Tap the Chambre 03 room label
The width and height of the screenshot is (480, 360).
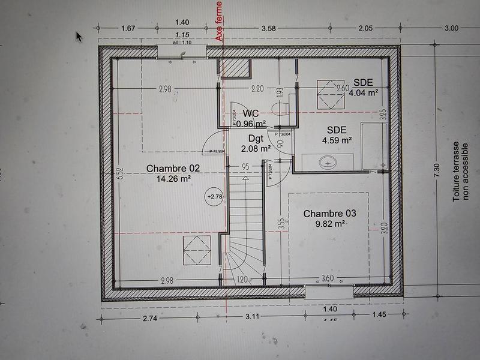[329, 214]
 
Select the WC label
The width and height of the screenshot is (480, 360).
[250, 113]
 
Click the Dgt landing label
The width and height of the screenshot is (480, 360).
[248, 138]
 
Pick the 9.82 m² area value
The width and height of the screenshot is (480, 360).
[329, 224]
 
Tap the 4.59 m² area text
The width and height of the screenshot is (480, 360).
[337, 140]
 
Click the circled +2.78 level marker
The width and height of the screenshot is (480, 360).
[214, 196]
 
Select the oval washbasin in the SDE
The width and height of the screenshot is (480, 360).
[328, 161]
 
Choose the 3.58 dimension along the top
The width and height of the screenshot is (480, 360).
[268, 28]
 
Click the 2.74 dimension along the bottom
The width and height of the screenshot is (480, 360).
[149, 319]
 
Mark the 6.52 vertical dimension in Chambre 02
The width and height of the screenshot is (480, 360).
[120, 173]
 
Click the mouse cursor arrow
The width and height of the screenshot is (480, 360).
[79, 36]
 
